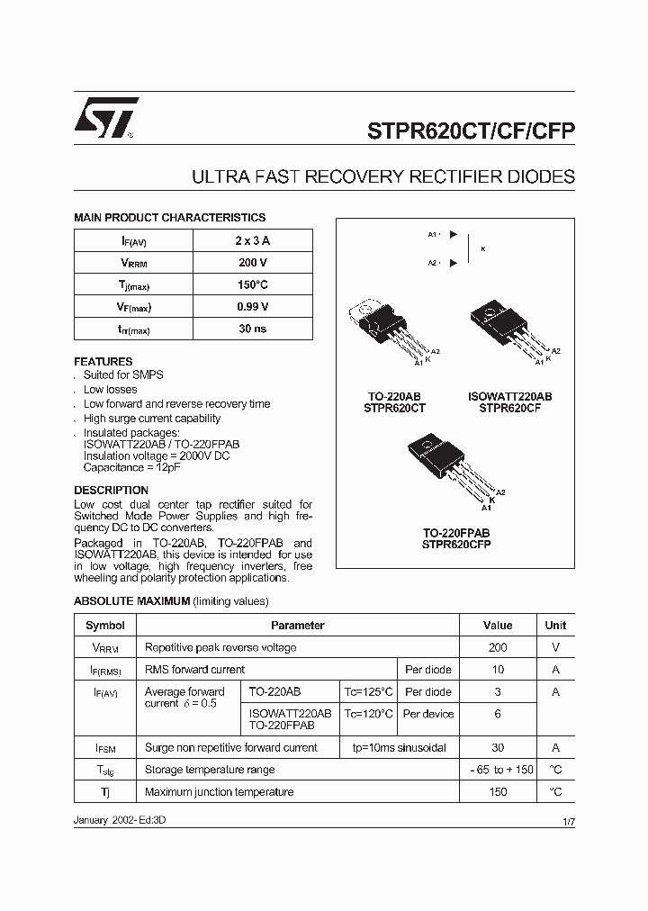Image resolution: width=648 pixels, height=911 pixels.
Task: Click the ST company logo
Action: pos(105,117)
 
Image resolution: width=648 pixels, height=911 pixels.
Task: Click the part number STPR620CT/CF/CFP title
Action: pos(471,130)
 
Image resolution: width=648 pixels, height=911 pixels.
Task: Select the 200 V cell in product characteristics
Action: pos(252,263)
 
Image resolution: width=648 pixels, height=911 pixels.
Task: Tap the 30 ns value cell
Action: pos(252,329)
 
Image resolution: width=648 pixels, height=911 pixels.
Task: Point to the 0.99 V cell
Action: pos(252,307)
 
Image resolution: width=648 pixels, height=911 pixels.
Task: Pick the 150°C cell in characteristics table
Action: pos(252,284)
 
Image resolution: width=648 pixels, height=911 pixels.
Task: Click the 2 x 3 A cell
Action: pos(252,240)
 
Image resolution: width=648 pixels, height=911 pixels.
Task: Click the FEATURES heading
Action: pos(103,361)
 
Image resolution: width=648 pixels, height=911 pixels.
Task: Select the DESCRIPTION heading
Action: pos(111,491)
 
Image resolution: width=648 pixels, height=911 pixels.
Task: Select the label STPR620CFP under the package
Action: pos(456,545)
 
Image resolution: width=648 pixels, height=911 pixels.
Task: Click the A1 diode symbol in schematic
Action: pos(453,235)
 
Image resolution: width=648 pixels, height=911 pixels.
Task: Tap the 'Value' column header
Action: pos(497,626)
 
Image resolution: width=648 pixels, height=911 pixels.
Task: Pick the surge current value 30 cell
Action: pos(497,748)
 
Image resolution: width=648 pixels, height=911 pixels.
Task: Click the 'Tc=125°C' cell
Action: pos(368,692)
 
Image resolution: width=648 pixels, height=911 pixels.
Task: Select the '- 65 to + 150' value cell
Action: pos(497,770)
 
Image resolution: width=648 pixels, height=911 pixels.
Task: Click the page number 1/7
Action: pos(568,823)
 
